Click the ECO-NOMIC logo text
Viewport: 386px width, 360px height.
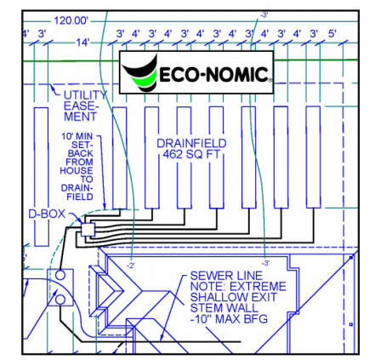tap(214, 74)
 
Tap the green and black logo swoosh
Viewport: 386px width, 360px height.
tap(140, 73)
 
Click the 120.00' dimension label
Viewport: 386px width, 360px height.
tap(71, 20)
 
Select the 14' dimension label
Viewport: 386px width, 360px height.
tap(82, 43)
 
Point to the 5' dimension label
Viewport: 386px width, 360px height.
tap(332, 34)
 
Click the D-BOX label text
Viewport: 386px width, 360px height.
tap(47, 214)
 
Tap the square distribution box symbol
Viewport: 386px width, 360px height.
tap(88, 230)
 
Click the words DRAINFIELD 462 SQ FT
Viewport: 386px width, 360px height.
tap(191, 149)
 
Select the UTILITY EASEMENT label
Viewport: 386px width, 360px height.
tap(85, 106)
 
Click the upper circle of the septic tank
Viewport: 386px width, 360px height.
tap(60, 275)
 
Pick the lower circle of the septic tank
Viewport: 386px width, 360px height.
tap(60, 300)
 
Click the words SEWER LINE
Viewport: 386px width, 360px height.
tap(226, 276)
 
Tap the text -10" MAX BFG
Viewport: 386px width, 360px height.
tap(229, 319)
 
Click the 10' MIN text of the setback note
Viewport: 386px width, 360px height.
tap(77, 136)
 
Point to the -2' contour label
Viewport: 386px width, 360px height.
tap(130, 266)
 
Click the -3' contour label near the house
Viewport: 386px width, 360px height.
tap(265, 263)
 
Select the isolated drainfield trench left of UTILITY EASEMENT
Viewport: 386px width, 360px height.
tap(41, 176)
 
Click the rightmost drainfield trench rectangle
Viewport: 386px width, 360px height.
tap(314, 157)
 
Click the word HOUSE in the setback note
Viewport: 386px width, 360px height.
tap(77, 171)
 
